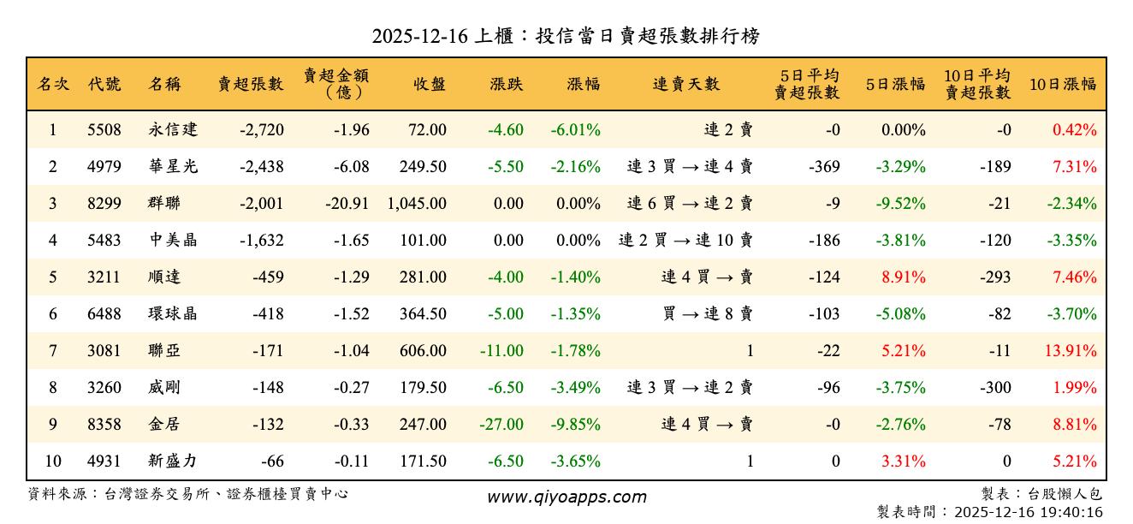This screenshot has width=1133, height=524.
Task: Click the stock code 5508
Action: click(104, 130)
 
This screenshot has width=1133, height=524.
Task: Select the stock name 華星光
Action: click(172, 167)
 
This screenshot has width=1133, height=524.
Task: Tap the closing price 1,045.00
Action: click(417, 204)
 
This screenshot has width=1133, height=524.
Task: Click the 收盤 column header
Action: click(430, 84)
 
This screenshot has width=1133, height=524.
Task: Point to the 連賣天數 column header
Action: click(686, 84)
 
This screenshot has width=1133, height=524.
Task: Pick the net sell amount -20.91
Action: click(347, 204)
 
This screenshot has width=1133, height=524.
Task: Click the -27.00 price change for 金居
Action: click(501, 425)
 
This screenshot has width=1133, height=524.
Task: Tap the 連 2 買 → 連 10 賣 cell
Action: click(685, 241)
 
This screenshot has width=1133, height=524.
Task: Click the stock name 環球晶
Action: click(172, 314)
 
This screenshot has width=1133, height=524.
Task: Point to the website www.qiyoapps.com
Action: click(566, 497)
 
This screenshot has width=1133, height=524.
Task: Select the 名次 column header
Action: click(53, 84)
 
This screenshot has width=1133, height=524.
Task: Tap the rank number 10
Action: click(53, 461)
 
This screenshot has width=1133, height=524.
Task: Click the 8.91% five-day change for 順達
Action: click(904, 277)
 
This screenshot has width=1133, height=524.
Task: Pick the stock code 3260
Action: click(104, 388)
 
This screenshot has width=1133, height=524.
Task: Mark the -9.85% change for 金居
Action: click(575, 425)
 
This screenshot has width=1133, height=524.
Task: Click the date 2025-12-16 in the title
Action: click(419, 36)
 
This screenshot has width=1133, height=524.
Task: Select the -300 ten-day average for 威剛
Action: click(995, 388)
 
